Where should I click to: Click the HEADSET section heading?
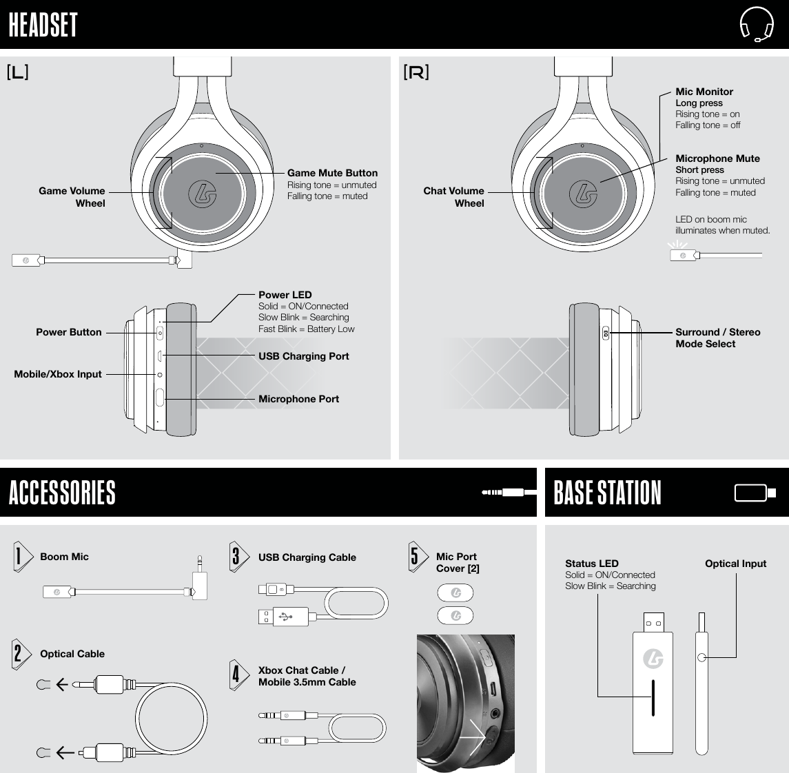(x=43, y=25)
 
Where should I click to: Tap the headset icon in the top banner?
(x=756, y=25)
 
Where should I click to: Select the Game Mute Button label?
(x=332, y=173)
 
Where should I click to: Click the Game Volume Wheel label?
(x=72, y=197)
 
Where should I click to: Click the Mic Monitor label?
(x=704, y=92)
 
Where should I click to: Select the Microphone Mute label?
(x=717, y=158)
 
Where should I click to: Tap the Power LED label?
(x=285, y=295)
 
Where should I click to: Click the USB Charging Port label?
(x=303, y=356)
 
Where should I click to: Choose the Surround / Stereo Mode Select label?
(x=717, y=338)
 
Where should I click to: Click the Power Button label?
(x=68, y=332)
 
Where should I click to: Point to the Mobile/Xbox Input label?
(x=58, y=374)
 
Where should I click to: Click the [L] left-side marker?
(x=17, y=72)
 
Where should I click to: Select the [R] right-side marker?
(x=416, y=72)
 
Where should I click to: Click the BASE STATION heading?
(x=607, y=493)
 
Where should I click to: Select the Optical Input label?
(x=735, y=564)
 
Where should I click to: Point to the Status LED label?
(x=591, y=564)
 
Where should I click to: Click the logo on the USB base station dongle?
(x=653, y=659)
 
